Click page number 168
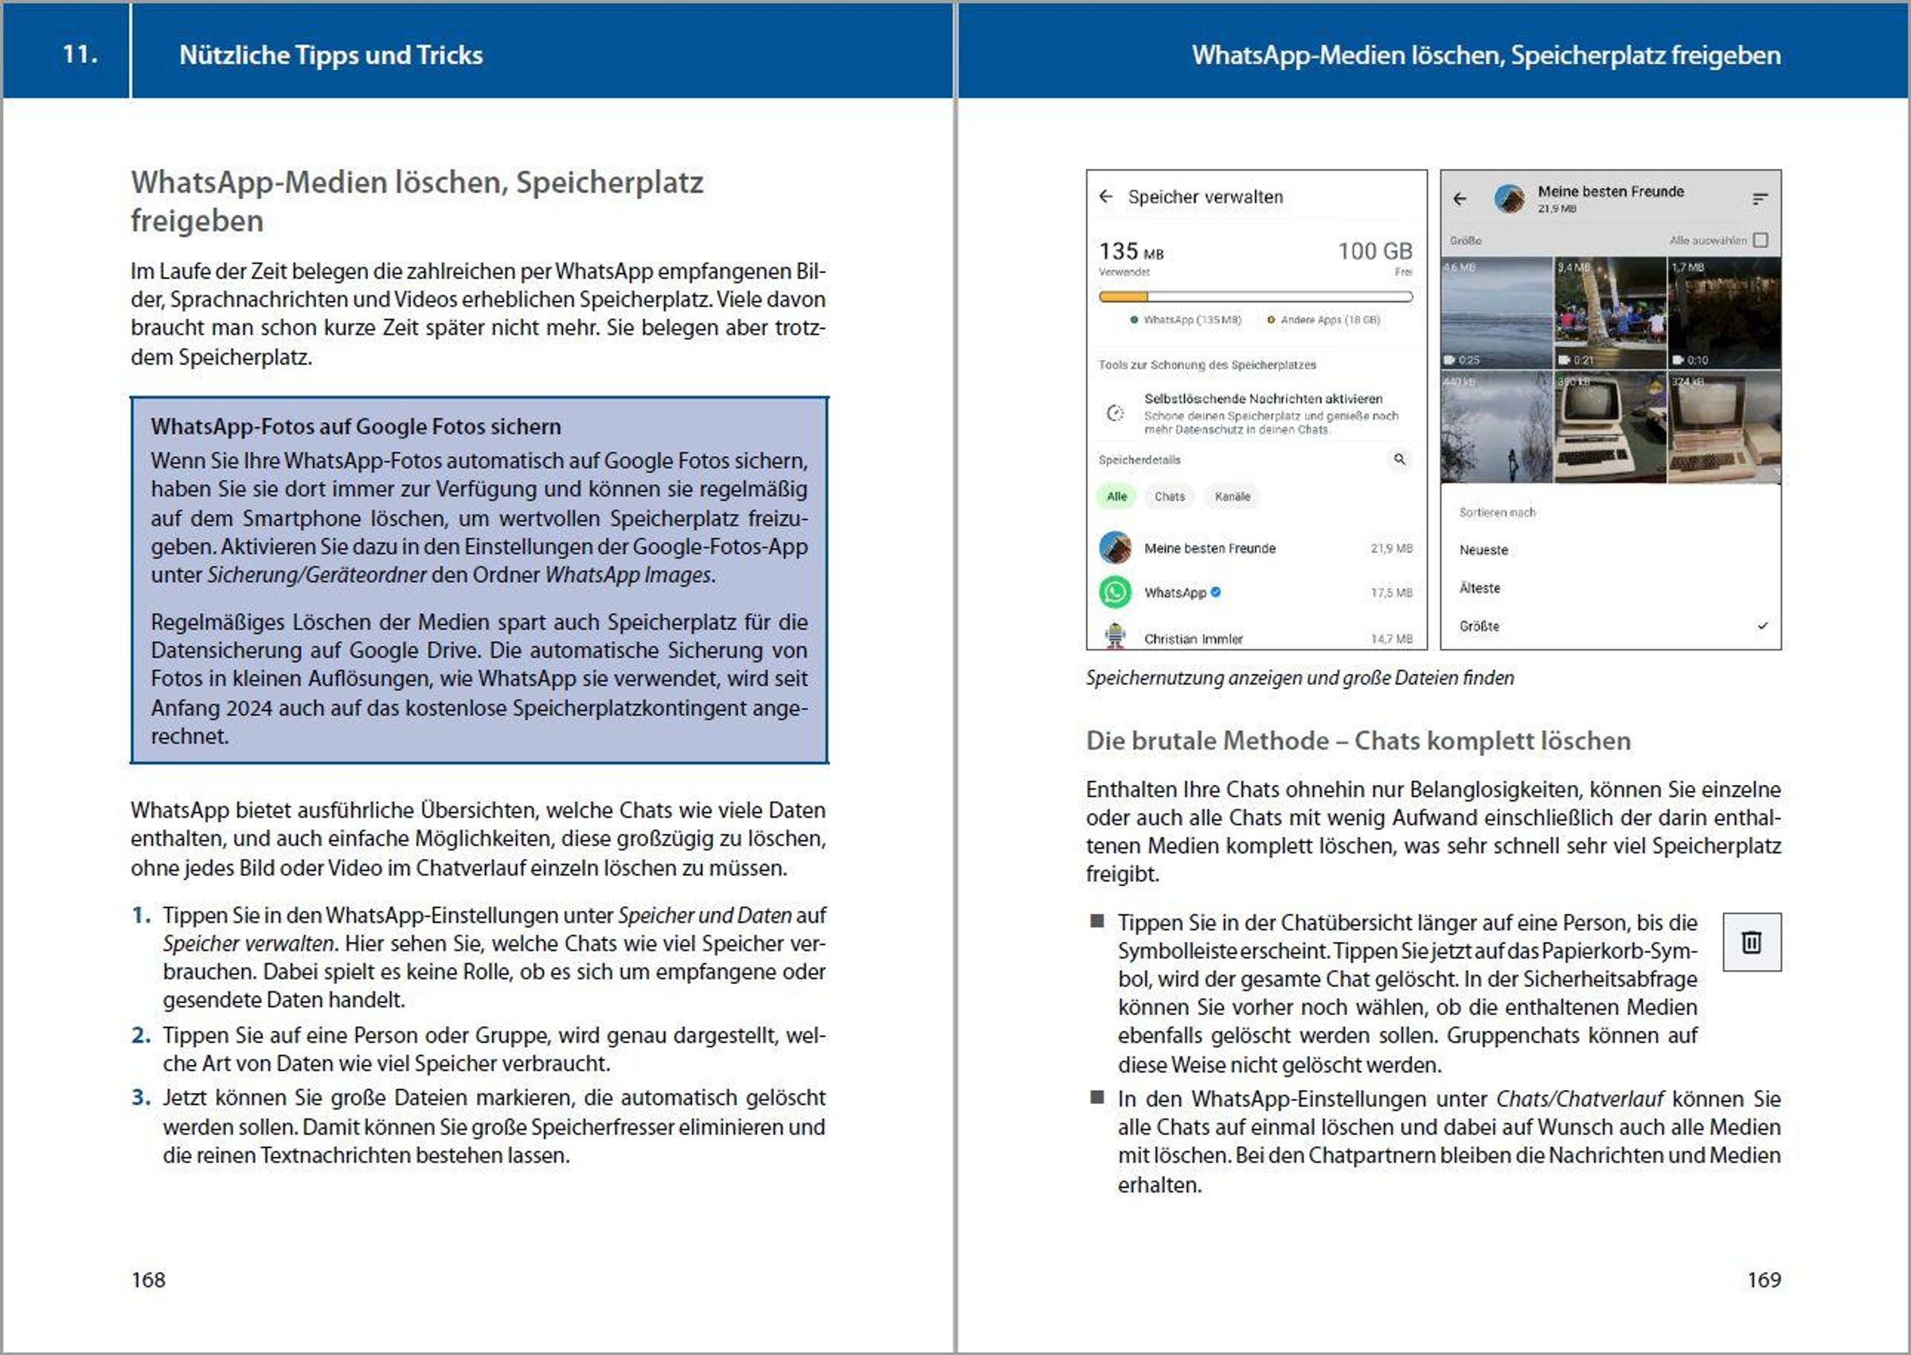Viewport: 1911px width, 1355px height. coord(149,1279)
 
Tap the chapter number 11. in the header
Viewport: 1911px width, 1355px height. coord(80,54)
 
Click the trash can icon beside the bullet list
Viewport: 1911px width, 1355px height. coord(1752,942)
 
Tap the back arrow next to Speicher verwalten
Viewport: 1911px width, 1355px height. coord(1106,197)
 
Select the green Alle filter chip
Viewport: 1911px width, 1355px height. coord(1116,497)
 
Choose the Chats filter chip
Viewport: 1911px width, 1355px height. coord(1169,497)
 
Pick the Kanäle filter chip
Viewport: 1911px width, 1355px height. coord(1232,497)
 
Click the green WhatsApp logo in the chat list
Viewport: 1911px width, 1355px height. coord(1116,592)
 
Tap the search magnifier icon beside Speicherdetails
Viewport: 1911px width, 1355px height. coord(1400,459)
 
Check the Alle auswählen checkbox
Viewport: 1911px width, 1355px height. coord(1761,240)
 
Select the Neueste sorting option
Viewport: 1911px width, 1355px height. coord(1483,550)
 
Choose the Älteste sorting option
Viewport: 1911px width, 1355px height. coord(1479,588)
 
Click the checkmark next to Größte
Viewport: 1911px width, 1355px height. coord(1762,626)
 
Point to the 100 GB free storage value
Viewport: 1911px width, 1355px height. coord(1375,251)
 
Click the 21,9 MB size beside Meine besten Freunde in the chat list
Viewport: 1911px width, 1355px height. coord(1391,549)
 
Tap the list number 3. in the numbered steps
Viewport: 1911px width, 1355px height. coord(141,1097)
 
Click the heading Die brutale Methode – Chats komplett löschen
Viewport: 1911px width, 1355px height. coord(1358,740)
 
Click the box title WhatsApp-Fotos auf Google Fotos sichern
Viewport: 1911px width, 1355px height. coord(355,427)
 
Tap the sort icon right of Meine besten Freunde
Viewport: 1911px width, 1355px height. coord(1760,198)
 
